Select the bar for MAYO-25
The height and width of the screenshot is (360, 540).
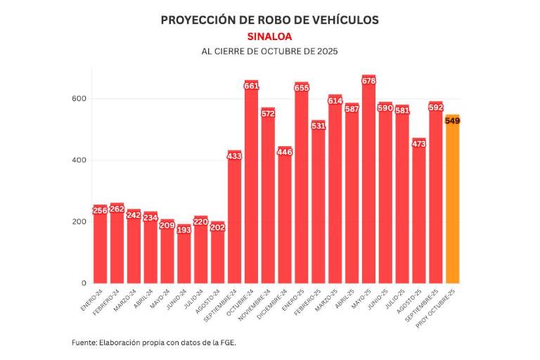pyautogui.click(x=368, y=183)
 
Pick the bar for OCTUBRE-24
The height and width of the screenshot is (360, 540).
pyautogui.click(x=251, y=186)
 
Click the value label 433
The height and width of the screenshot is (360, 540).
pyautogui.click(x=234, y=156)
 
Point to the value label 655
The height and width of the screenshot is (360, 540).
pyautogui.click(x=302, y=88)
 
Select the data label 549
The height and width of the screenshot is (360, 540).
pyautogui.click(x=452, y=121)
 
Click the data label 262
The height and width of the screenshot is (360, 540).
pyautogui.click(x=117, y=209)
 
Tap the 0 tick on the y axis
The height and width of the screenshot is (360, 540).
pyautogui.click(x=83, y=283)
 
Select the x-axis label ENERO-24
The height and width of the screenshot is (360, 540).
pyautogui.click(x=92, y=300)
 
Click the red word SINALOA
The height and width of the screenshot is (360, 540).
pyautogui.click(x=269, y=36)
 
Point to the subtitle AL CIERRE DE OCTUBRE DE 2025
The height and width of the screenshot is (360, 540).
pyautogui.click(x=269, y=52)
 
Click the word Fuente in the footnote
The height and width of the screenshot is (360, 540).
pyautogui.click(x=85, y=342)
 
